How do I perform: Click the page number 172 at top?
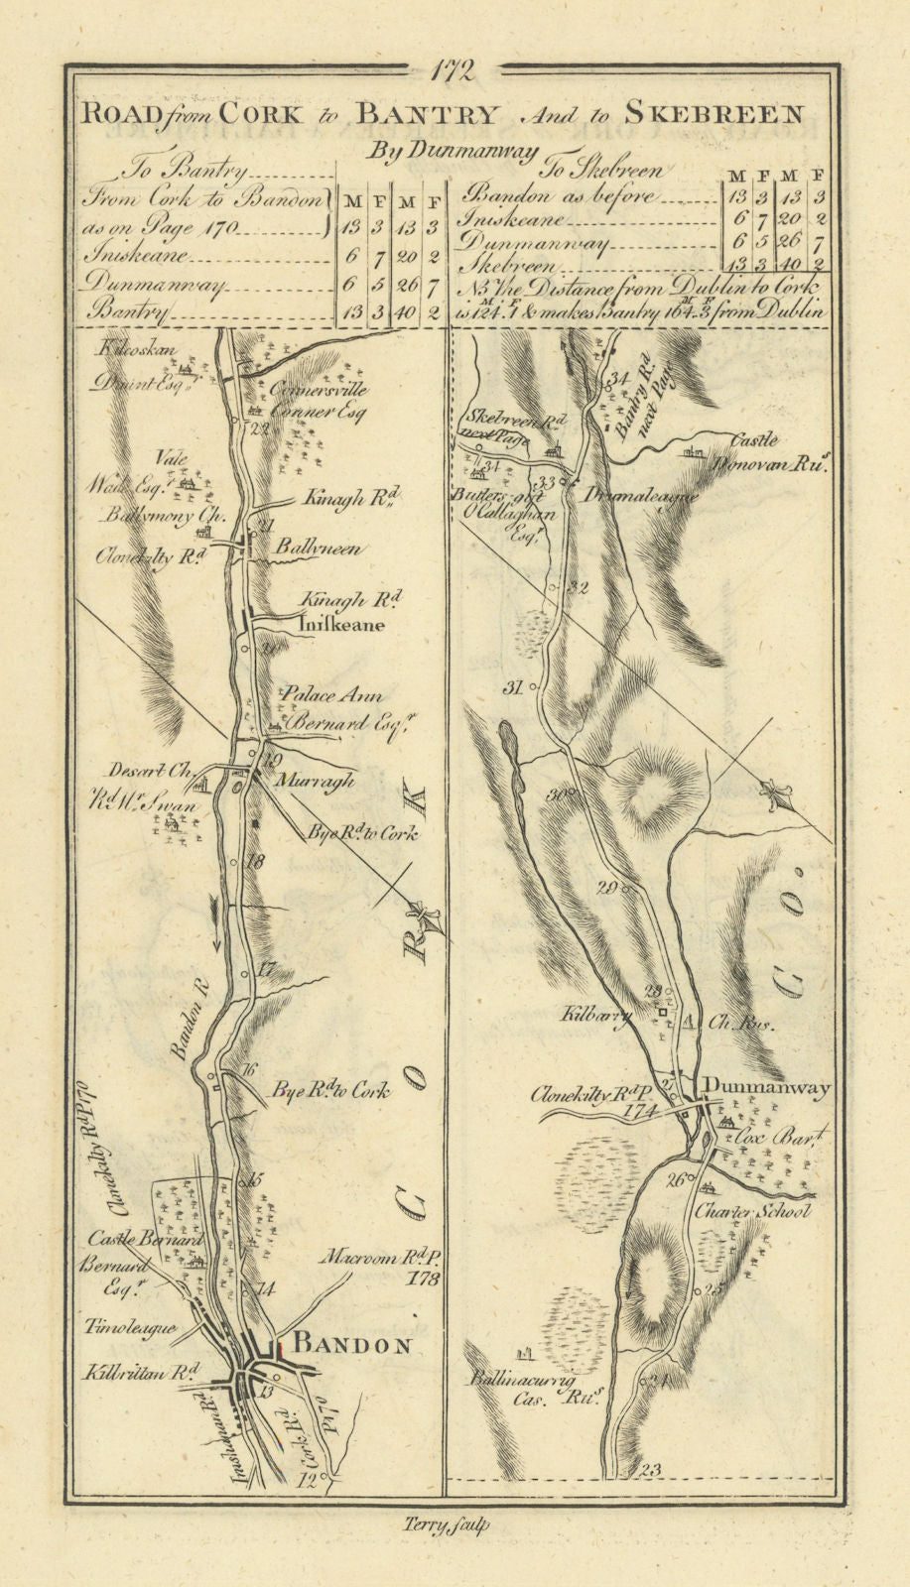[x=455, y=71]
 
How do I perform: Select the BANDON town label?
[x=353, y=1345]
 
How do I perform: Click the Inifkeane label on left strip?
[x=340, y=626]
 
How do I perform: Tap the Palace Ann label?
[x=332, y=695]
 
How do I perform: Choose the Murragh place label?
[x=317, y=782]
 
